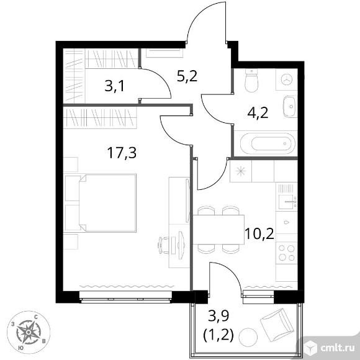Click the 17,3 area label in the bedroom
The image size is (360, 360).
(122, 153)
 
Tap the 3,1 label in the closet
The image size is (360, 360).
(114, 86)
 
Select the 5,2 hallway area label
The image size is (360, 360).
(187, 76)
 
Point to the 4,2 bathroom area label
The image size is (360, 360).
(258, 113)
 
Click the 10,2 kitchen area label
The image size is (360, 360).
(259, 234)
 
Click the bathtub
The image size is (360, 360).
(268, 144)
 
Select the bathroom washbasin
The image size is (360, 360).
(290, 107)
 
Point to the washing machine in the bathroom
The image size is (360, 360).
(287, 79)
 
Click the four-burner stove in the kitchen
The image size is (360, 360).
(287, 253)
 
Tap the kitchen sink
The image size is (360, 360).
(287, 202)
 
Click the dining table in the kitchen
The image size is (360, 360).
(218, 230)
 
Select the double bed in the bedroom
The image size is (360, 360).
(101, 203)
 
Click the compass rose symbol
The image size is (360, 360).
(28, 333)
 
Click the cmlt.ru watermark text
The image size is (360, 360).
(338, 349)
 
